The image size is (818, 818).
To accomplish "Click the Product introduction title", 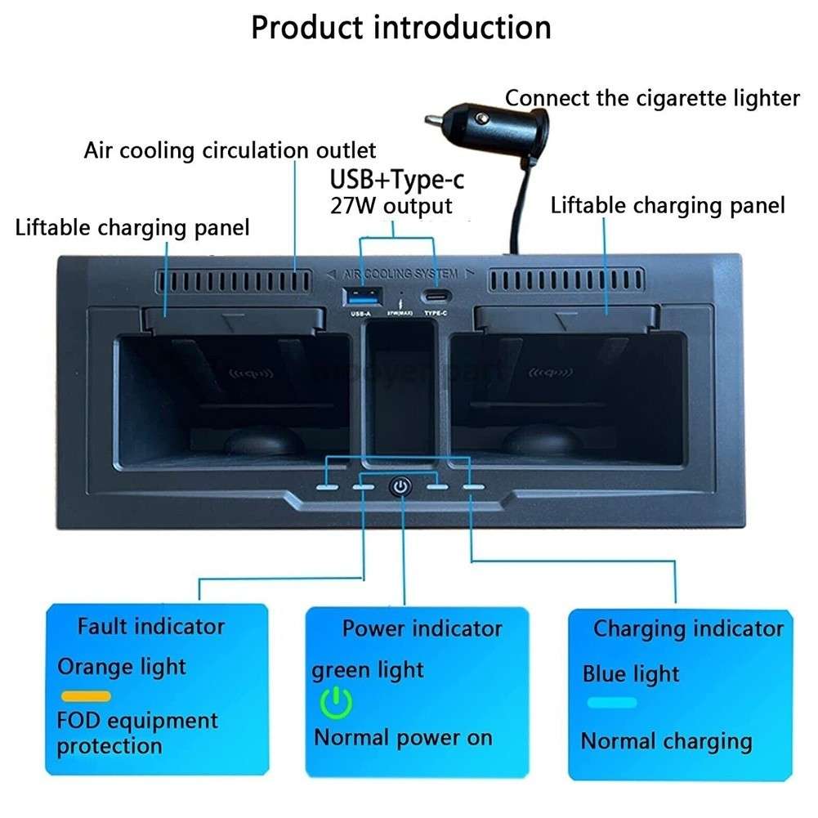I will pyautogui.click(x=400, y=27).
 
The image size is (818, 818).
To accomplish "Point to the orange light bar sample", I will pyautogui.click(x=87, y=696).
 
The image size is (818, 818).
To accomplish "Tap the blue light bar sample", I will pyautogui.click(x=611, y=702).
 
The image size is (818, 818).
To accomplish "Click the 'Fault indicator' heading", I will pyautogui.click(x=150, y=627).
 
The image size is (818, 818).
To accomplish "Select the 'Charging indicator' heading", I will pyautogui.click(x=687, y=628).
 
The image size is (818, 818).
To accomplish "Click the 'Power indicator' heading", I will pyautogui.click(x=422, y=628).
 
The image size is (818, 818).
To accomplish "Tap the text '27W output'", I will pyautogui.click(x=391, y=205).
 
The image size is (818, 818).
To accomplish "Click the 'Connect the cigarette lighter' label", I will pyautogui.click(x=651, y=99).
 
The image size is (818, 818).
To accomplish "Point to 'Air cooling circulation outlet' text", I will pyautogui.click(x=230, y=151).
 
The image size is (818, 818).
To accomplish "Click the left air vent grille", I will pyautogui.click(x=234, y=281).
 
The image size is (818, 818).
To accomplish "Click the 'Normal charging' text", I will pyautogui.click(x=666, y=741).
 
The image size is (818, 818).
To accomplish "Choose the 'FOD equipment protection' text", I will pyautogui.click(x=137, y=733).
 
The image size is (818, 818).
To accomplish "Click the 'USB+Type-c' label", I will pyautogui.click(x=396, y=178).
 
